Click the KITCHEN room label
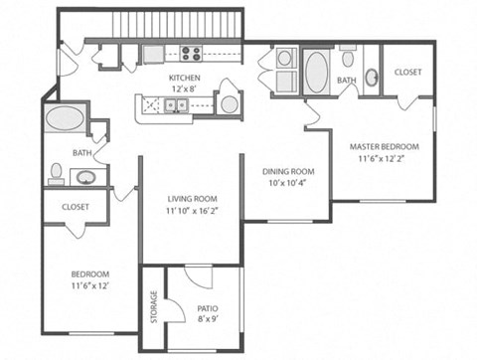coord(184,78)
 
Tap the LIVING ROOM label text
coord(191,198)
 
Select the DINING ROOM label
coord(288,170)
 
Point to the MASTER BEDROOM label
coord(384,146)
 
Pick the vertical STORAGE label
coord(153,306)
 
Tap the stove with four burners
coord(190,54)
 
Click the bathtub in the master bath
coord(316,73)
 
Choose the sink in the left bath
coord(85,178)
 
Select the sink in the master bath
coord(370,76)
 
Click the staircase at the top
coord(178,23)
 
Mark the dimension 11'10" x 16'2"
coord(191,211)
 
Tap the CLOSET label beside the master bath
coord(407,73)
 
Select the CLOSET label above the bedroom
coord(76,207)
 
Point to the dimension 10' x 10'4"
coord(288,182)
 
